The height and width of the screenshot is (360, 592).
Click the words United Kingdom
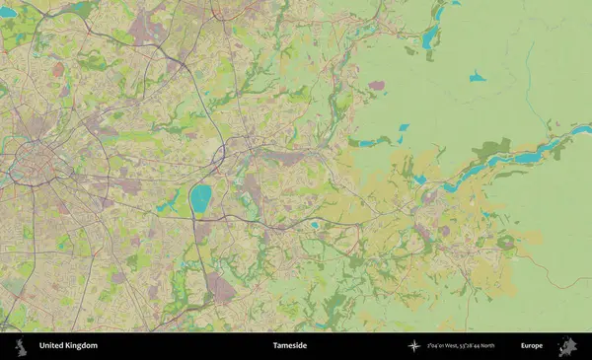pos(68,345)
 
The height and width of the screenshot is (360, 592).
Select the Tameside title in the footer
pos(290,345)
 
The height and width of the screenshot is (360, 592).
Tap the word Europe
pos(532,345)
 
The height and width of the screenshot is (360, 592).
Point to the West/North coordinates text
pos(461,345)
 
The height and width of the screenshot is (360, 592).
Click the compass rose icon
pos(413,345)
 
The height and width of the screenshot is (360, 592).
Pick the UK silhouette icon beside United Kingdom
pos(19,345)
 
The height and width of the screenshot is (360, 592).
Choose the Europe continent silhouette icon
pos(567,345)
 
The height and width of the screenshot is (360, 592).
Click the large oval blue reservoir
pos(201,199)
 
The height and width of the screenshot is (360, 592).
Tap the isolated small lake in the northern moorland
pos(478,76)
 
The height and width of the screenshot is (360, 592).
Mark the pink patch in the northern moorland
pos(376,86)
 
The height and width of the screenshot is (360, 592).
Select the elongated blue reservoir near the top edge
pos(430,36)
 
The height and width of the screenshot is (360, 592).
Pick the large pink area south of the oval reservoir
pos(219,289)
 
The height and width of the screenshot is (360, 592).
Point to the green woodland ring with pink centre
pos(506,242)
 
